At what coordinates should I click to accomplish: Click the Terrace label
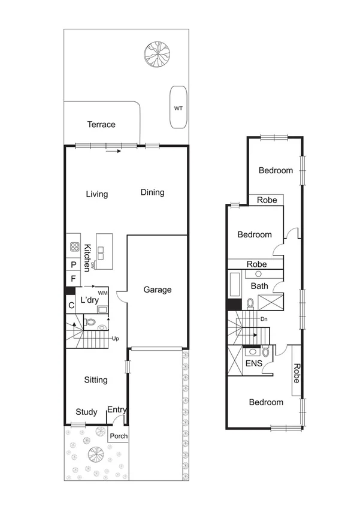coord(101,125)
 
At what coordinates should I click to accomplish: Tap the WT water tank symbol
coord(178,109)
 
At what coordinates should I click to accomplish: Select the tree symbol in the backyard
coord(155,53)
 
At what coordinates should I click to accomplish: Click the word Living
coord(96,194)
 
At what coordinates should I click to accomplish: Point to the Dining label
coord(152,192)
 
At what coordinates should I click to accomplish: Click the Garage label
coord(158,290)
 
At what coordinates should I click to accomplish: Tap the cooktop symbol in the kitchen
coord(75,246)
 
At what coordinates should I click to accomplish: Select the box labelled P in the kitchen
coord(73,264)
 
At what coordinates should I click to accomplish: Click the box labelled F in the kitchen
coord(73,279)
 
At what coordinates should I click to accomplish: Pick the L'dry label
coord(89,299)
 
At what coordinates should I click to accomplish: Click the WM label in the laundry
coord(103,292)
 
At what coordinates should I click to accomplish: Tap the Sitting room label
coord(96,380)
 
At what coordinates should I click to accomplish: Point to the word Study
coord(87,412)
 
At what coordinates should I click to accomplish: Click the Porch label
coord(118,436)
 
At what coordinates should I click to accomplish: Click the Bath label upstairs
coord(259,286)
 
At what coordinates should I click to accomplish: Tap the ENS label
coord(253,363)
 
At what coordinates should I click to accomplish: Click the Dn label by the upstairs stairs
coord(264,320)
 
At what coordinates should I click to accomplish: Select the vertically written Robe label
coord(297,374)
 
